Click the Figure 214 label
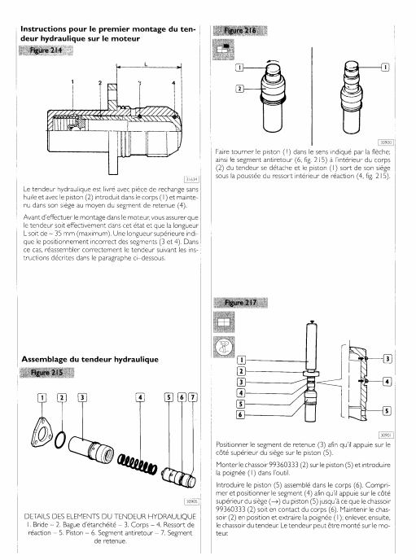46,50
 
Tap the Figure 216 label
240,31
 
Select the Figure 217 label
240,303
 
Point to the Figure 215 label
46,373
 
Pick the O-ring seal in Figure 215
61,440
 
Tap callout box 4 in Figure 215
140,397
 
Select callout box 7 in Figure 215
193,397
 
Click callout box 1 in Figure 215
42,397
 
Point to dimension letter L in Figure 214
146,64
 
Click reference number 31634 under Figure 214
191,179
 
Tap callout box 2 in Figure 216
239,89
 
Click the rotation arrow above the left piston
274,61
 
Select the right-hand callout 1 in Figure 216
385,67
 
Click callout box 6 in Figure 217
241,414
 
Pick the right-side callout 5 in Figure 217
387,411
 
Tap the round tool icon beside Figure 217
224,347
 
